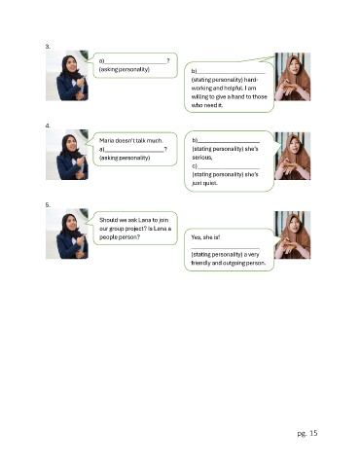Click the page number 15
point(313,433)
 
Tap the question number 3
point(48,47)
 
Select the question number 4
point(48,126)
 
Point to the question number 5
point(48,205)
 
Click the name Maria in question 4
point(106,140)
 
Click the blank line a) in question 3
point(135,63)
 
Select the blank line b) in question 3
point(231,73)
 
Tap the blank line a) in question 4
point(134,151)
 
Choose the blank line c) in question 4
point(229,168)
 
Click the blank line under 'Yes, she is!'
point(225,248)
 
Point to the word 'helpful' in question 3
point(233,88)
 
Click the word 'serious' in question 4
point(202,158)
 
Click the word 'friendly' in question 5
point(200,263)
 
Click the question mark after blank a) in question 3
point(168,61)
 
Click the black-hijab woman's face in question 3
point(72,64)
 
